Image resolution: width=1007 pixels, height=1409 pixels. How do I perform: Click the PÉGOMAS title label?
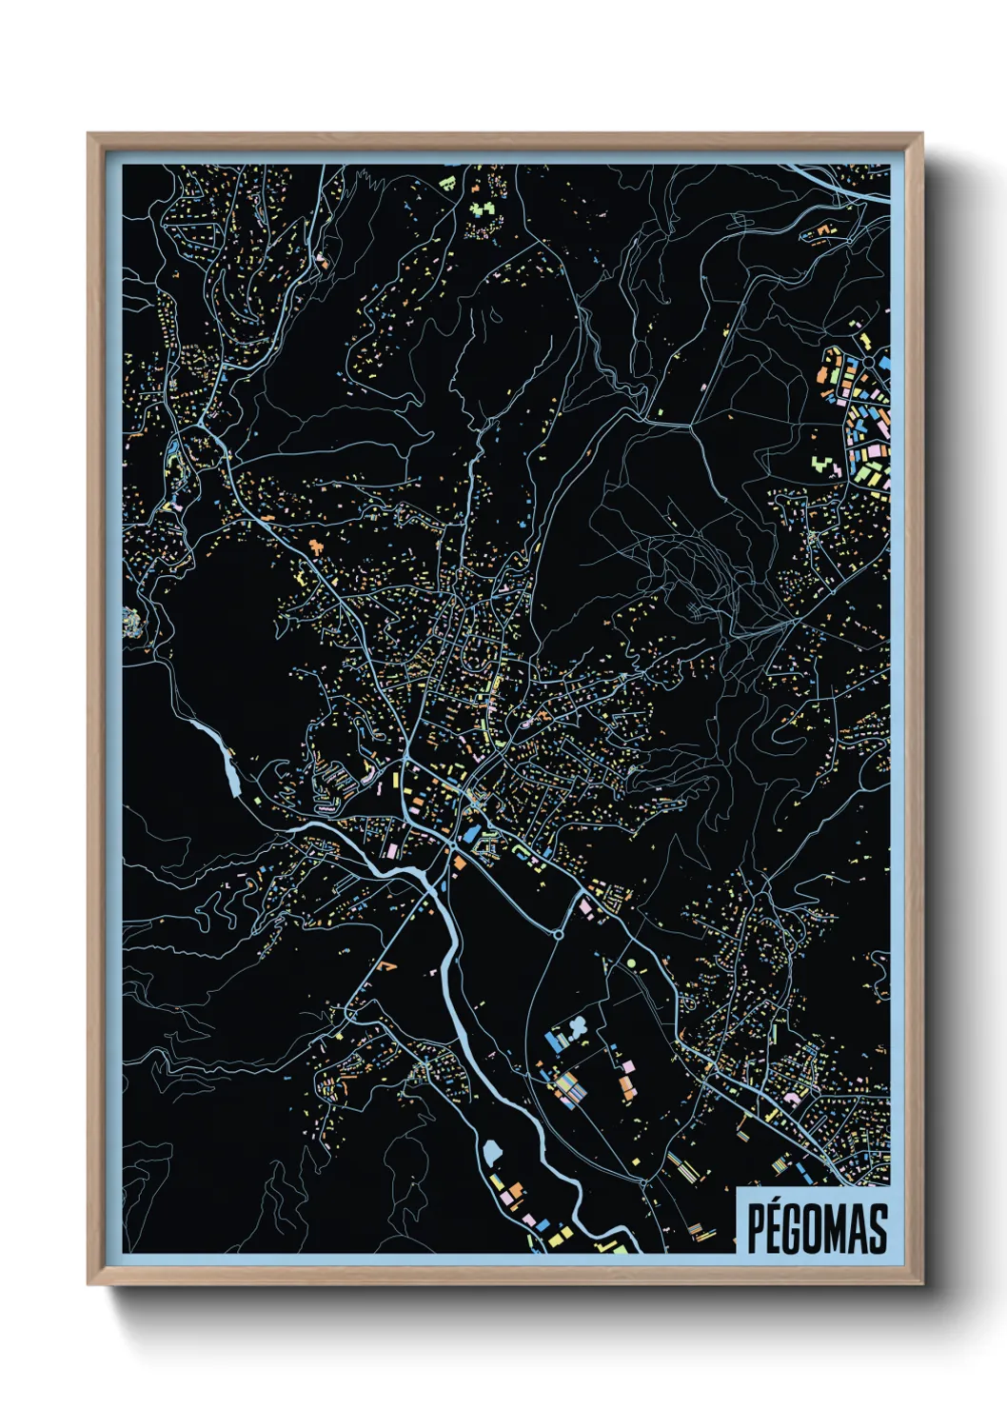click(x=817, y=1227)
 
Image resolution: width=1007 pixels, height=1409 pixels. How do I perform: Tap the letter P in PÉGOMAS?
click(x=754, y=1229)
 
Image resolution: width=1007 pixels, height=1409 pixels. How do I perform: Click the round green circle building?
click(x=631, y=963)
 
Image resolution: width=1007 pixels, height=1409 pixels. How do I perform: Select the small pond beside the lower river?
click(x=491, y=1153)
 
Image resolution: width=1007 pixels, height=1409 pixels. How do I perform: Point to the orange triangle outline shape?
click(x=386, y=965)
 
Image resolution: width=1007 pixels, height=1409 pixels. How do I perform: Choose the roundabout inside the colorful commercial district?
click(x=868, y=363)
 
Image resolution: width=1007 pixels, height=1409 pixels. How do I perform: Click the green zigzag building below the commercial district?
click(x=825, y=465)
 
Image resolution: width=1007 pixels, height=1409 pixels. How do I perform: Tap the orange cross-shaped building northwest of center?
click(x=315, y=546)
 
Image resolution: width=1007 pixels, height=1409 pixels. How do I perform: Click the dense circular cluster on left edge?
click(x=131, y=623)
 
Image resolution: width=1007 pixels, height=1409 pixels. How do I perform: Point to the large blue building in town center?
click(x=471, y=834)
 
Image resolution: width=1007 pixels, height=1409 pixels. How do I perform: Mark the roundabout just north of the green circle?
click(x=557, y=934)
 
